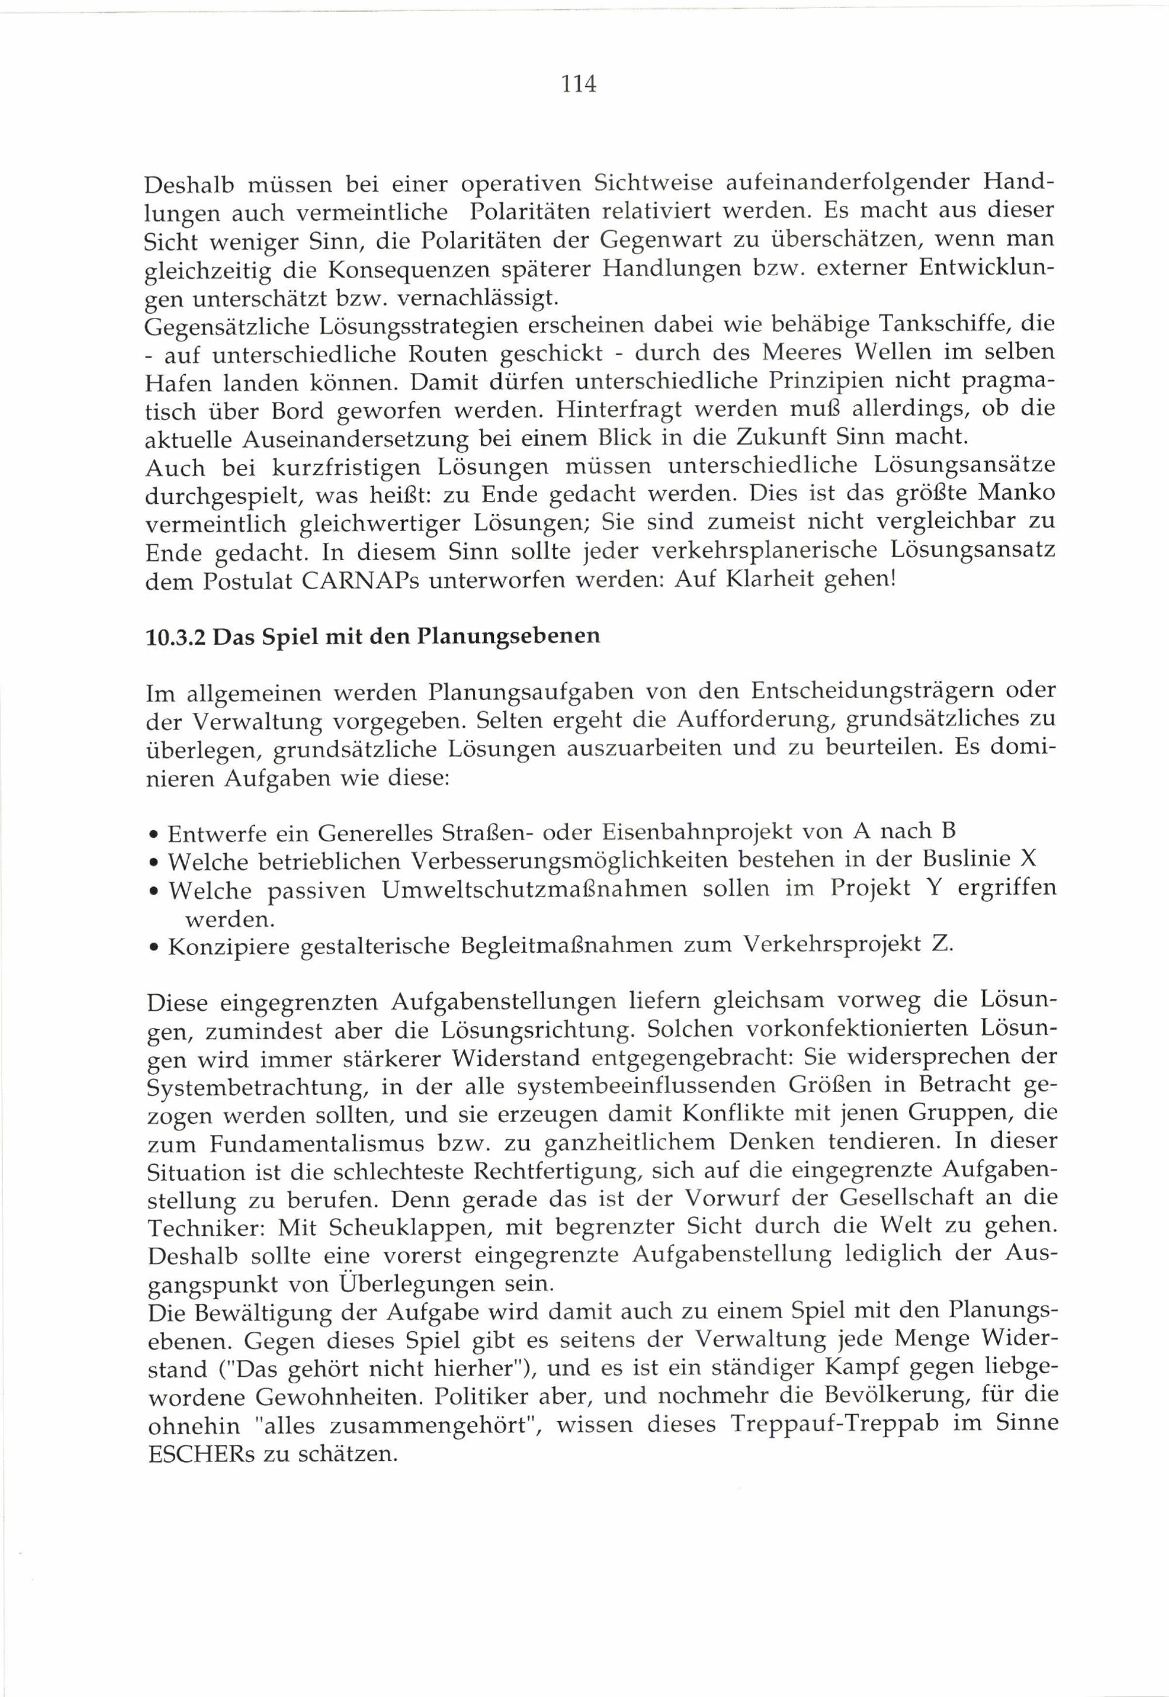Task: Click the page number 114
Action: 579,84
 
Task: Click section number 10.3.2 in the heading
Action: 177,637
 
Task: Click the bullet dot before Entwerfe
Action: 151,835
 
